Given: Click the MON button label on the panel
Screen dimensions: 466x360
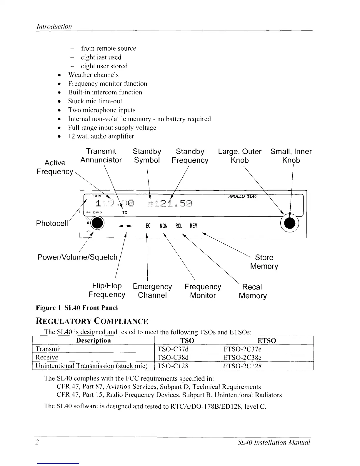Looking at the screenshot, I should [x=164, y=226].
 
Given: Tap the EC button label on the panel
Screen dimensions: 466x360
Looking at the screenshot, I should [x=148, y=226].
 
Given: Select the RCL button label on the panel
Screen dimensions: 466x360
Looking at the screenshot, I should [x=179, y=226].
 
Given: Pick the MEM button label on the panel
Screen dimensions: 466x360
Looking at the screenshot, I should [x=194, y=226].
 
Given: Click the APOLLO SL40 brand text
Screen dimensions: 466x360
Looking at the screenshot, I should [x=242, y=197].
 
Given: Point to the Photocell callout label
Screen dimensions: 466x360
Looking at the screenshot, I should [x=52, y=223].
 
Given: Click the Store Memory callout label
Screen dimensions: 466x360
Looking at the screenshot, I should [x=264, y=262].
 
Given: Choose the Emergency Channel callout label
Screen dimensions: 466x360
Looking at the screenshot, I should [x=152, y=291].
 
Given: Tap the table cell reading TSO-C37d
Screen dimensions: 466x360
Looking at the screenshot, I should [x=173, y=349].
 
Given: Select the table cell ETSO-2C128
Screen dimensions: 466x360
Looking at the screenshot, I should [x=242, y=366].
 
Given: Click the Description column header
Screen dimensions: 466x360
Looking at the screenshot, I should [x=94, y=341].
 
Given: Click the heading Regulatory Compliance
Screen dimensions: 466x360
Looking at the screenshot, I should [x=92, y=321].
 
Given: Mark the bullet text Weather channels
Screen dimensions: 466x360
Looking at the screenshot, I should [x=94, y=75].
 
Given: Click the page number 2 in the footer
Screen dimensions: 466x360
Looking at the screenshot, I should [x=37, y=442].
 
